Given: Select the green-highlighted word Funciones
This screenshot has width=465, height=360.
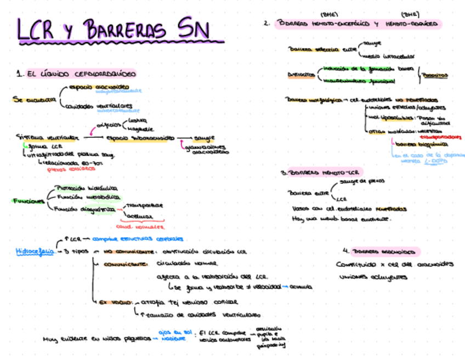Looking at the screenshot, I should tap(28, 201).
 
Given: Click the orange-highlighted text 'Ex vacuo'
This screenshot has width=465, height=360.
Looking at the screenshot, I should tap(116, 301).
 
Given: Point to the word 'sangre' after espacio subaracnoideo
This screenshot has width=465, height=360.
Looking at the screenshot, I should tap(204, 138).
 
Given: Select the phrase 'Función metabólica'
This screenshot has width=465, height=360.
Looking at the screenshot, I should tap(87, 197).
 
